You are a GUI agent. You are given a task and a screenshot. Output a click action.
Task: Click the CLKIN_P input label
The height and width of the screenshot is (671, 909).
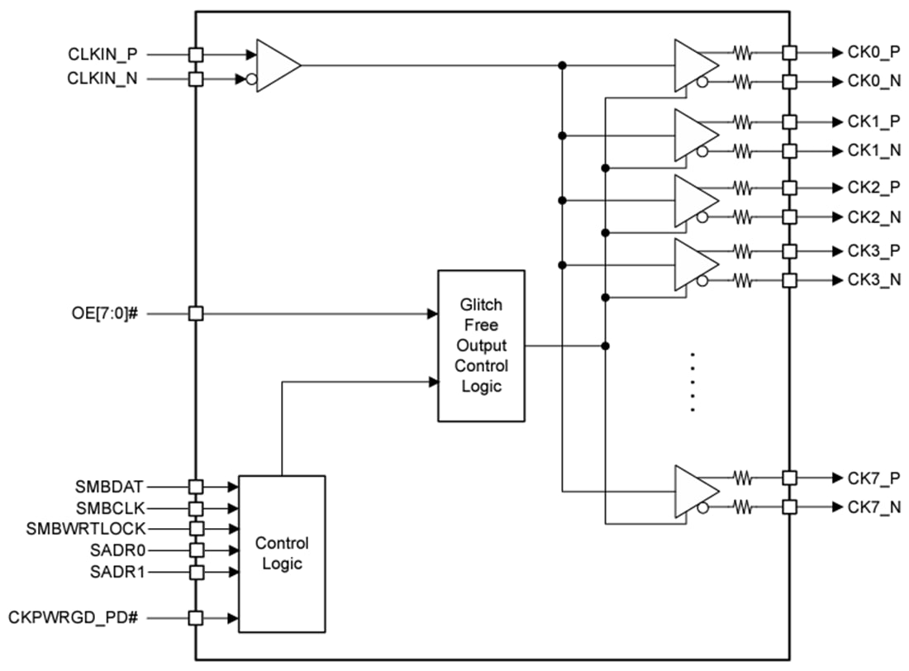pos(102,55)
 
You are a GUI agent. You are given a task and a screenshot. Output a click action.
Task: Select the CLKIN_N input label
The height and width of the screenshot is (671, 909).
pos(102,79)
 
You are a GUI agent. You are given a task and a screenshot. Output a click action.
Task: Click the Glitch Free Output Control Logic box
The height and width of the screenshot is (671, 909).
pos(481,345)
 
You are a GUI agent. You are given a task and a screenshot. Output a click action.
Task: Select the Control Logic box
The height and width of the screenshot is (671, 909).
pos(282,554)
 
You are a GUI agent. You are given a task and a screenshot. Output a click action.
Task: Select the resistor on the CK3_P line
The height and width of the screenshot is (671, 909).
pos(743,250)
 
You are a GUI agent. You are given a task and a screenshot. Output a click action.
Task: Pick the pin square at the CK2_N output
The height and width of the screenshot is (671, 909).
pos(789,217)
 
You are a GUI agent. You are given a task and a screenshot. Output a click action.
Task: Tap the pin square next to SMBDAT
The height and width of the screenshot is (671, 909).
pos(196,487)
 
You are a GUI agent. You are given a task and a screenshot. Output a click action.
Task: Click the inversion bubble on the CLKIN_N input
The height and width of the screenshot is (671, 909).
pos(252,80)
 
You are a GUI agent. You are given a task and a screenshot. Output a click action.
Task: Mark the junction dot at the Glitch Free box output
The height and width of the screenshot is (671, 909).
pos(605,345)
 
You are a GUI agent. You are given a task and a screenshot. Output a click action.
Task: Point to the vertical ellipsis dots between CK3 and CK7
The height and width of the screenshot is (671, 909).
pos(692,382)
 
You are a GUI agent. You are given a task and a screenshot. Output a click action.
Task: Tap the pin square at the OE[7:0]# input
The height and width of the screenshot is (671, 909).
pos(196,314)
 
